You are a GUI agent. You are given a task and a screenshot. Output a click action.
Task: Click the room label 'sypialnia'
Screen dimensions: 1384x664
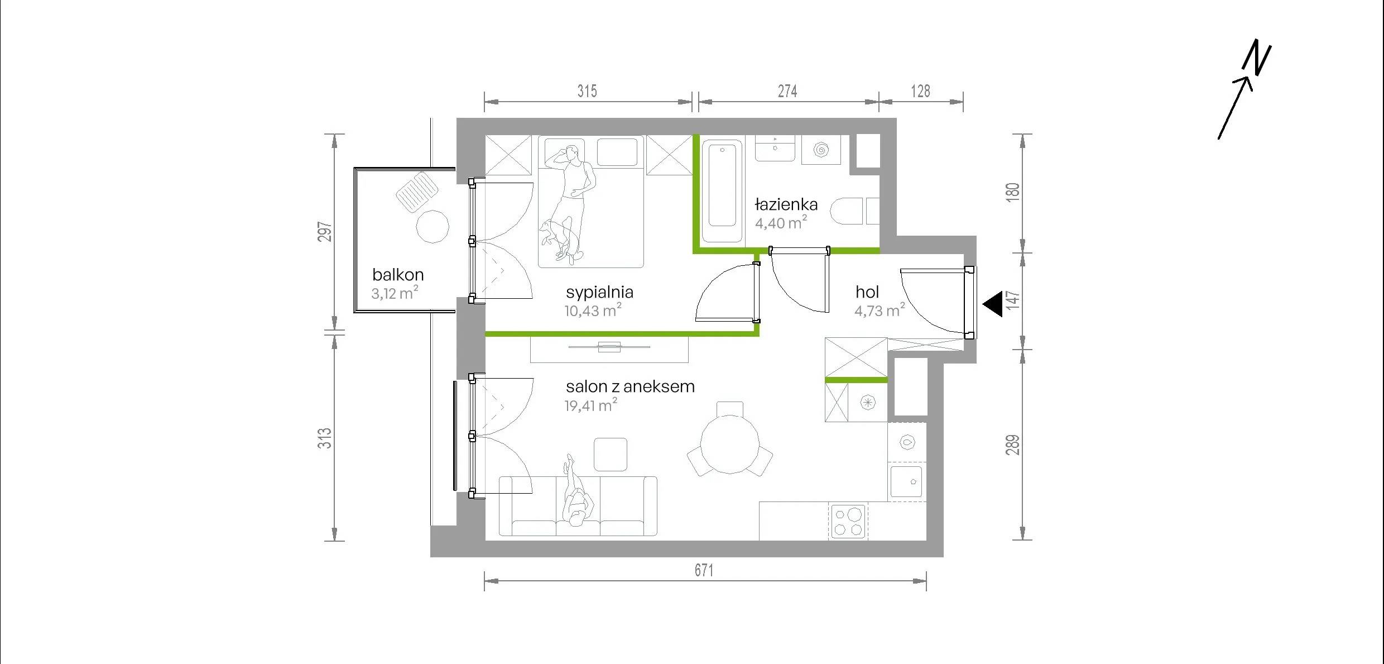(x=599, y=293)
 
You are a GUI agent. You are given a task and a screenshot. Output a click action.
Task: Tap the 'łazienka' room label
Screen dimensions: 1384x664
(x=786, y=204)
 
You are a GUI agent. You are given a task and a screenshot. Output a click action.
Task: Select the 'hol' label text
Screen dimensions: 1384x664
(x=867, y=292)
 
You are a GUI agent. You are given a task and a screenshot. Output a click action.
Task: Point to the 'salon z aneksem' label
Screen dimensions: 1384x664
(x=630, y=386)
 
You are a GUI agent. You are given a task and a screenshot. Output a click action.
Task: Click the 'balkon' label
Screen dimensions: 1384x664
(x=398, y=275)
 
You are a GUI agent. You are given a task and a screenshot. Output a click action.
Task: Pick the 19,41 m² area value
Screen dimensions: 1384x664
(x=591, y=405)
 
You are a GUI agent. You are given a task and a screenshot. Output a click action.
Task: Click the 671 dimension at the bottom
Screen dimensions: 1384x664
(x=704, y=570)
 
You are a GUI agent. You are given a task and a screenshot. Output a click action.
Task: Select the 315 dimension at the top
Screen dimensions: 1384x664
(x=587, y=91)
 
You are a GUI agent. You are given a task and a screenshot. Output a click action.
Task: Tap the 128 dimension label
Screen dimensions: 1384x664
(x=920, y=91)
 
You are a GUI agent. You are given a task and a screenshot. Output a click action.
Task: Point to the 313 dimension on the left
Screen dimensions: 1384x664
(x=325, y=438)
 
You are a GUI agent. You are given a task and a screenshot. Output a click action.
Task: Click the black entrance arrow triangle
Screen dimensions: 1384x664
(x=992, y=305)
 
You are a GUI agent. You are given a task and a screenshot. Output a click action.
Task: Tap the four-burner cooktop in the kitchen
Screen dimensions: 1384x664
(x=848, y=522)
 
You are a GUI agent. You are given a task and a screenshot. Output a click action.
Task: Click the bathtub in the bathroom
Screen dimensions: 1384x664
(x=722, y=192)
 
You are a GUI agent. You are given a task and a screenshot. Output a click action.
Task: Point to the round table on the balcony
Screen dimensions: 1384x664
(x=433, y=226)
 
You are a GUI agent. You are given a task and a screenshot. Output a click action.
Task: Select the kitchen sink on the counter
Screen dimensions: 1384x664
(x=906, y=481)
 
